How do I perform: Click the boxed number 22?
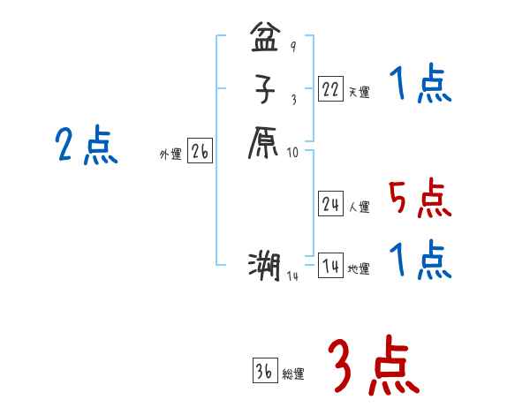(x=330, y=88)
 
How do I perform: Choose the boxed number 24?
(x=330, y=204)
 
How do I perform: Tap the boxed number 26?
(x=200, y=152)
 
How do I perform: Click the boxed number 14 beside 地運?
(x=330, y=266)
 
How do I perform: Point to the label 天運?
(x=359, y=92)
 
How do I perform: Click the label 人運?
(x=359, y=207)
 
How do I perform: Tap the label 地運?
(x=359, y=269)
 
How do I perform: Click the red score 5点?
(x=420, y=199)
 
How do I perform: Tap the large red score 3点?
(x=373, y=366)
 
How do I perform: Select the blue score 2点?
(x=87, y=146)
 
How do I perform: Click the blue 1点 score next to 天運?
(x=420, y=86)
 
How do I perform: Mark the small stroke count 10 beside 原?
(x=293, y=152)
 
